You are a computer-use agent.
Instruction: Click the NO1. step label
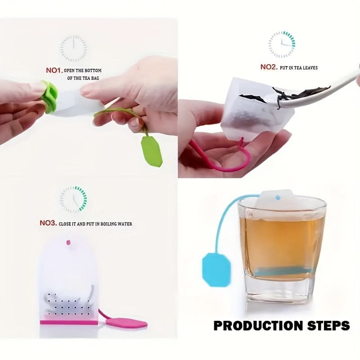click(54, 70)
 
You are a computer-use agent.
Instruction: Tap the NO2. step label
click(269, 67)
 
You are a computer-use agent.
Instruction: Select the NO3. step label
click(48, 223)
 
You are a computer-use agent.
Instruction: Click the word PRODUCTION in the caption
click(258, 325)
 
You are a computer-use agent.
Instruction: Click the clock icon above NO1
click(73, 48)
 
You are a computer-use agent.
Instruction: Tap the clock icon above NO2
click(282, 44)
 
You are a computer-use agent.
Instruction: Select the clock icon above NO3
click(73, 199)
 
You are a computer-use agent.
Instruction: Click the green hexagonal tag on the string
click(152, 151)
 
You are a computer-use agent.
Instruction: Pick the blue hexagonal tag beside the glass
click(216, 270)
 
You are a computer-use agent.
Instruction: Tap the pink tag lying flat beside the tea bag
click(127, 322)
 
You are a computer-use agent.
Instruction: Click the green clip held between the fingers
click(49, 97)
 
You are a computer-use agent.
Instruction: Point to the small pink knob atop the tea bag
click(68, 242)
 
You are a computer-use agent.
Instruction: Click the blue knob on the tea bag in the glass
click(278, 197)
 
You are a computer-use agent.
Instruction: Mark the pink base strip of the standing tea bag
click(69, 322)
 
